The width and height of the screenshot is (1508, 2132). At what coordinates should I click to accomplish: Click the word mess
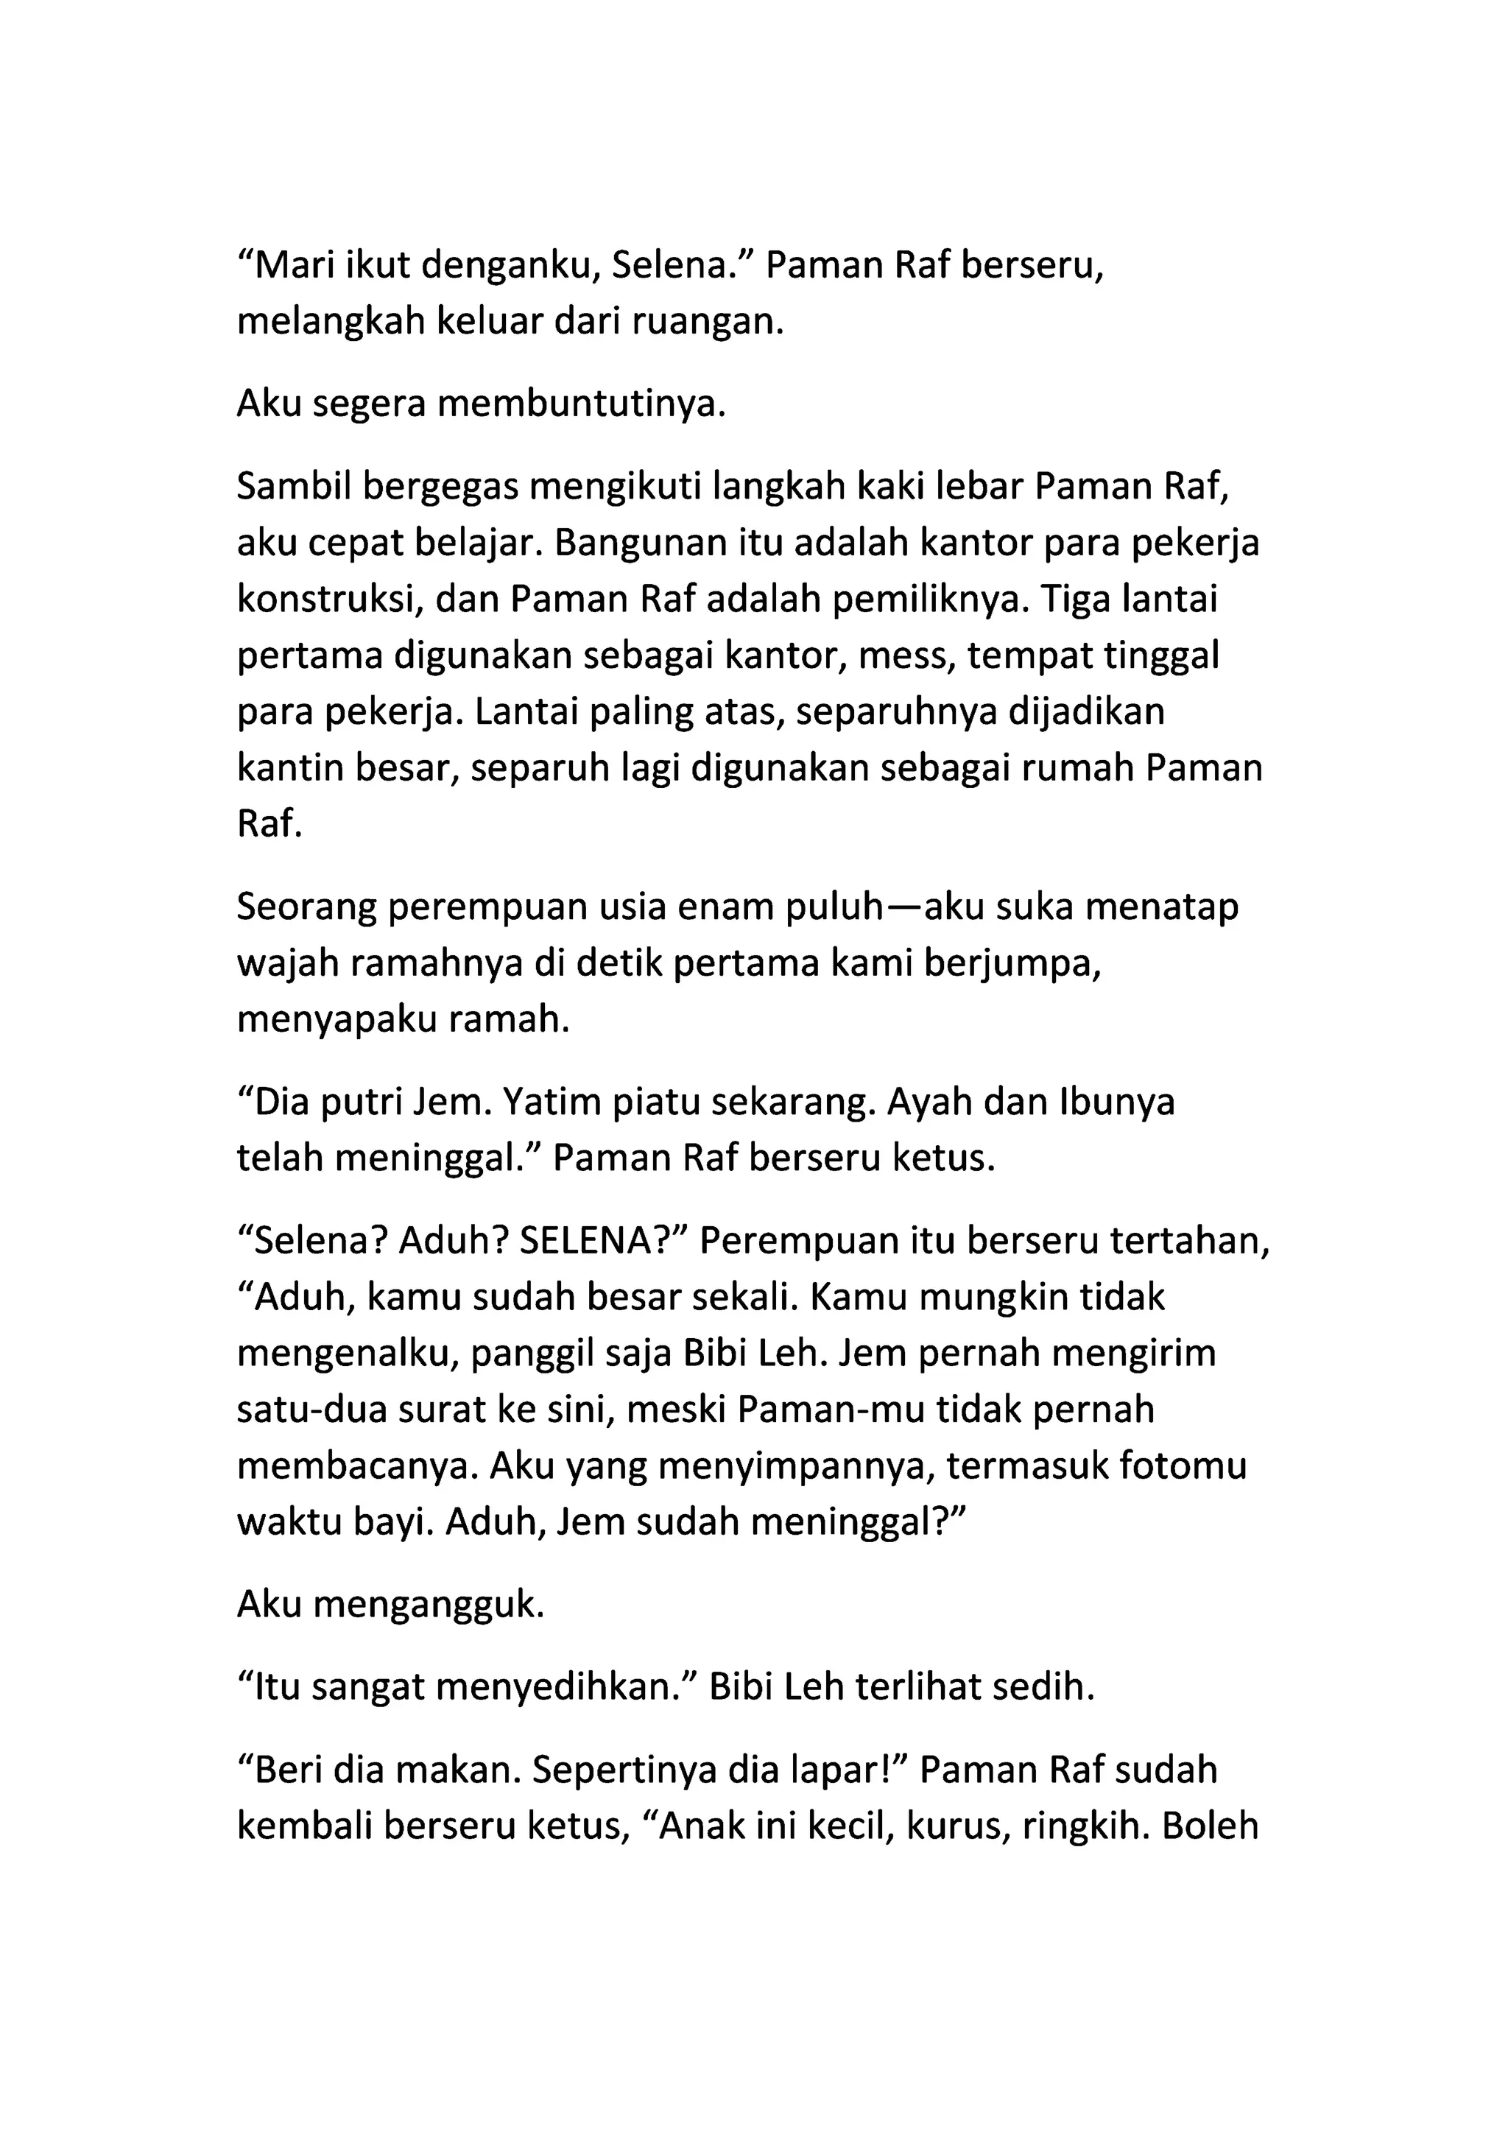pos(907,656)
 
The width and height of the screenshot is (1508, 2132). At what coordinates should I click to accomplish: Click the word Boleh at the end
pos(1210,1826)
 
